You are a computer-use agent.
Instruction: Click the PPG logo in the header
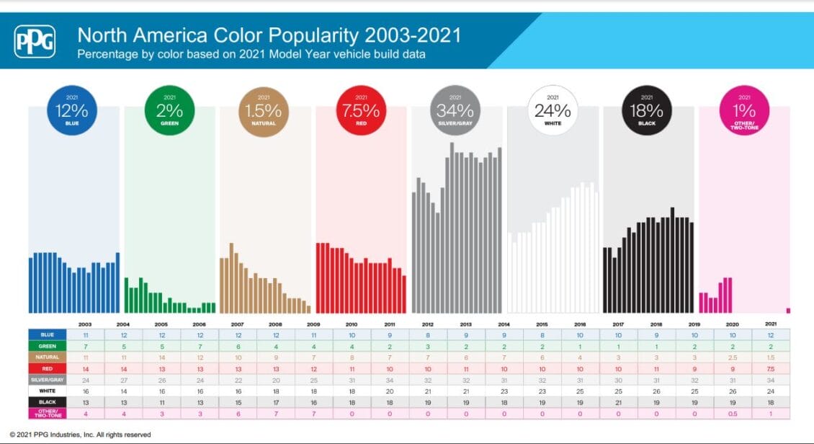34,41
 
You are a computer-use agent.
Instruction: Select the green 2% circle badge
169,112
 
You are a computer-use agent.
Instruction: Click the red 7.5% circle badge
361,112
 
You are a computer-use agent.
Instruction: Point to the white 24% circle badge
553,112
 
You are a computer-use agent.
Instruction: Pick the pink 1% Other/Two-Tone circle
744,112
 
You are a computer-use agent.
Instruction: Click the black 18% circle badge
648,112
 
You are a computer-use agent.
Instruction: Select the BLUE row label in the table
47,334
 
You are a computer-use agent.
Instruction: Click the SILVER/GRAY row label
47,380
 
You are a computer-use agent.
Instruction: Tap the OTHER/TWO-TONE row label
47,413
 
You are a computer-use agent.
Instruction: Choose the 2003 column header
85,324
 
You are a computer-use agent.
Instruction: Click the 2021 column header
771,324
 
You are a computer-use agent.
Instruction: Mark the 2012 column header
428,324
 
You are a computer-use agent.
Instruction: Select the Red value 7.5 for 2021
771,368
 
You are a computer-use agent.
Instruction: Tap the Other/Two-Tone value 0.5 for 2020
733,414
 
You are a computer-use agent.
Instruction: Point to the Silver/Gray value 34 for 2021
771,380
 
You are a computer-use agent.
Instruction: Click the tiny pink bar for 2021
788,311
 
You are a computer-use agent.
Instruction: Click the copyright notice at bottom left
80,435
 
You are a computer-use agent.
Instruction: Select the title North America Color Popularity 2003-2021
269,35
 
